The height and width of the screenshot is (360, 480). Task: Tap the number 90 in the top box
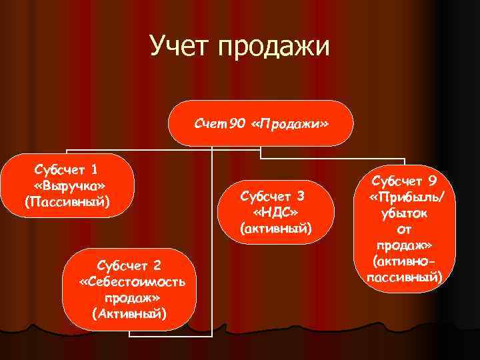pos(237,125)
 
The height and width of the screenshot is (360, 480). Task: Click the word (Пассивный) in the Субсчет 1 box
pos(67,201)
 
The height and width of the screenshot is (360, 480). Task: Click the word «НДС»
pos(275,213)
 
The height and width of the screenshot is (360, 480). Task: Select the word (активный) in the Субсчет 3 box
pos(275,229)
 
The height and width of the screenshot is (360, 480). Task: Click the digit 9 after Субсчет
pos(433,181)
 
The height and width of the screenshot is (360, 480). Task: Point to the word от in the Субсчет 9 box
pos(405,229)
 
